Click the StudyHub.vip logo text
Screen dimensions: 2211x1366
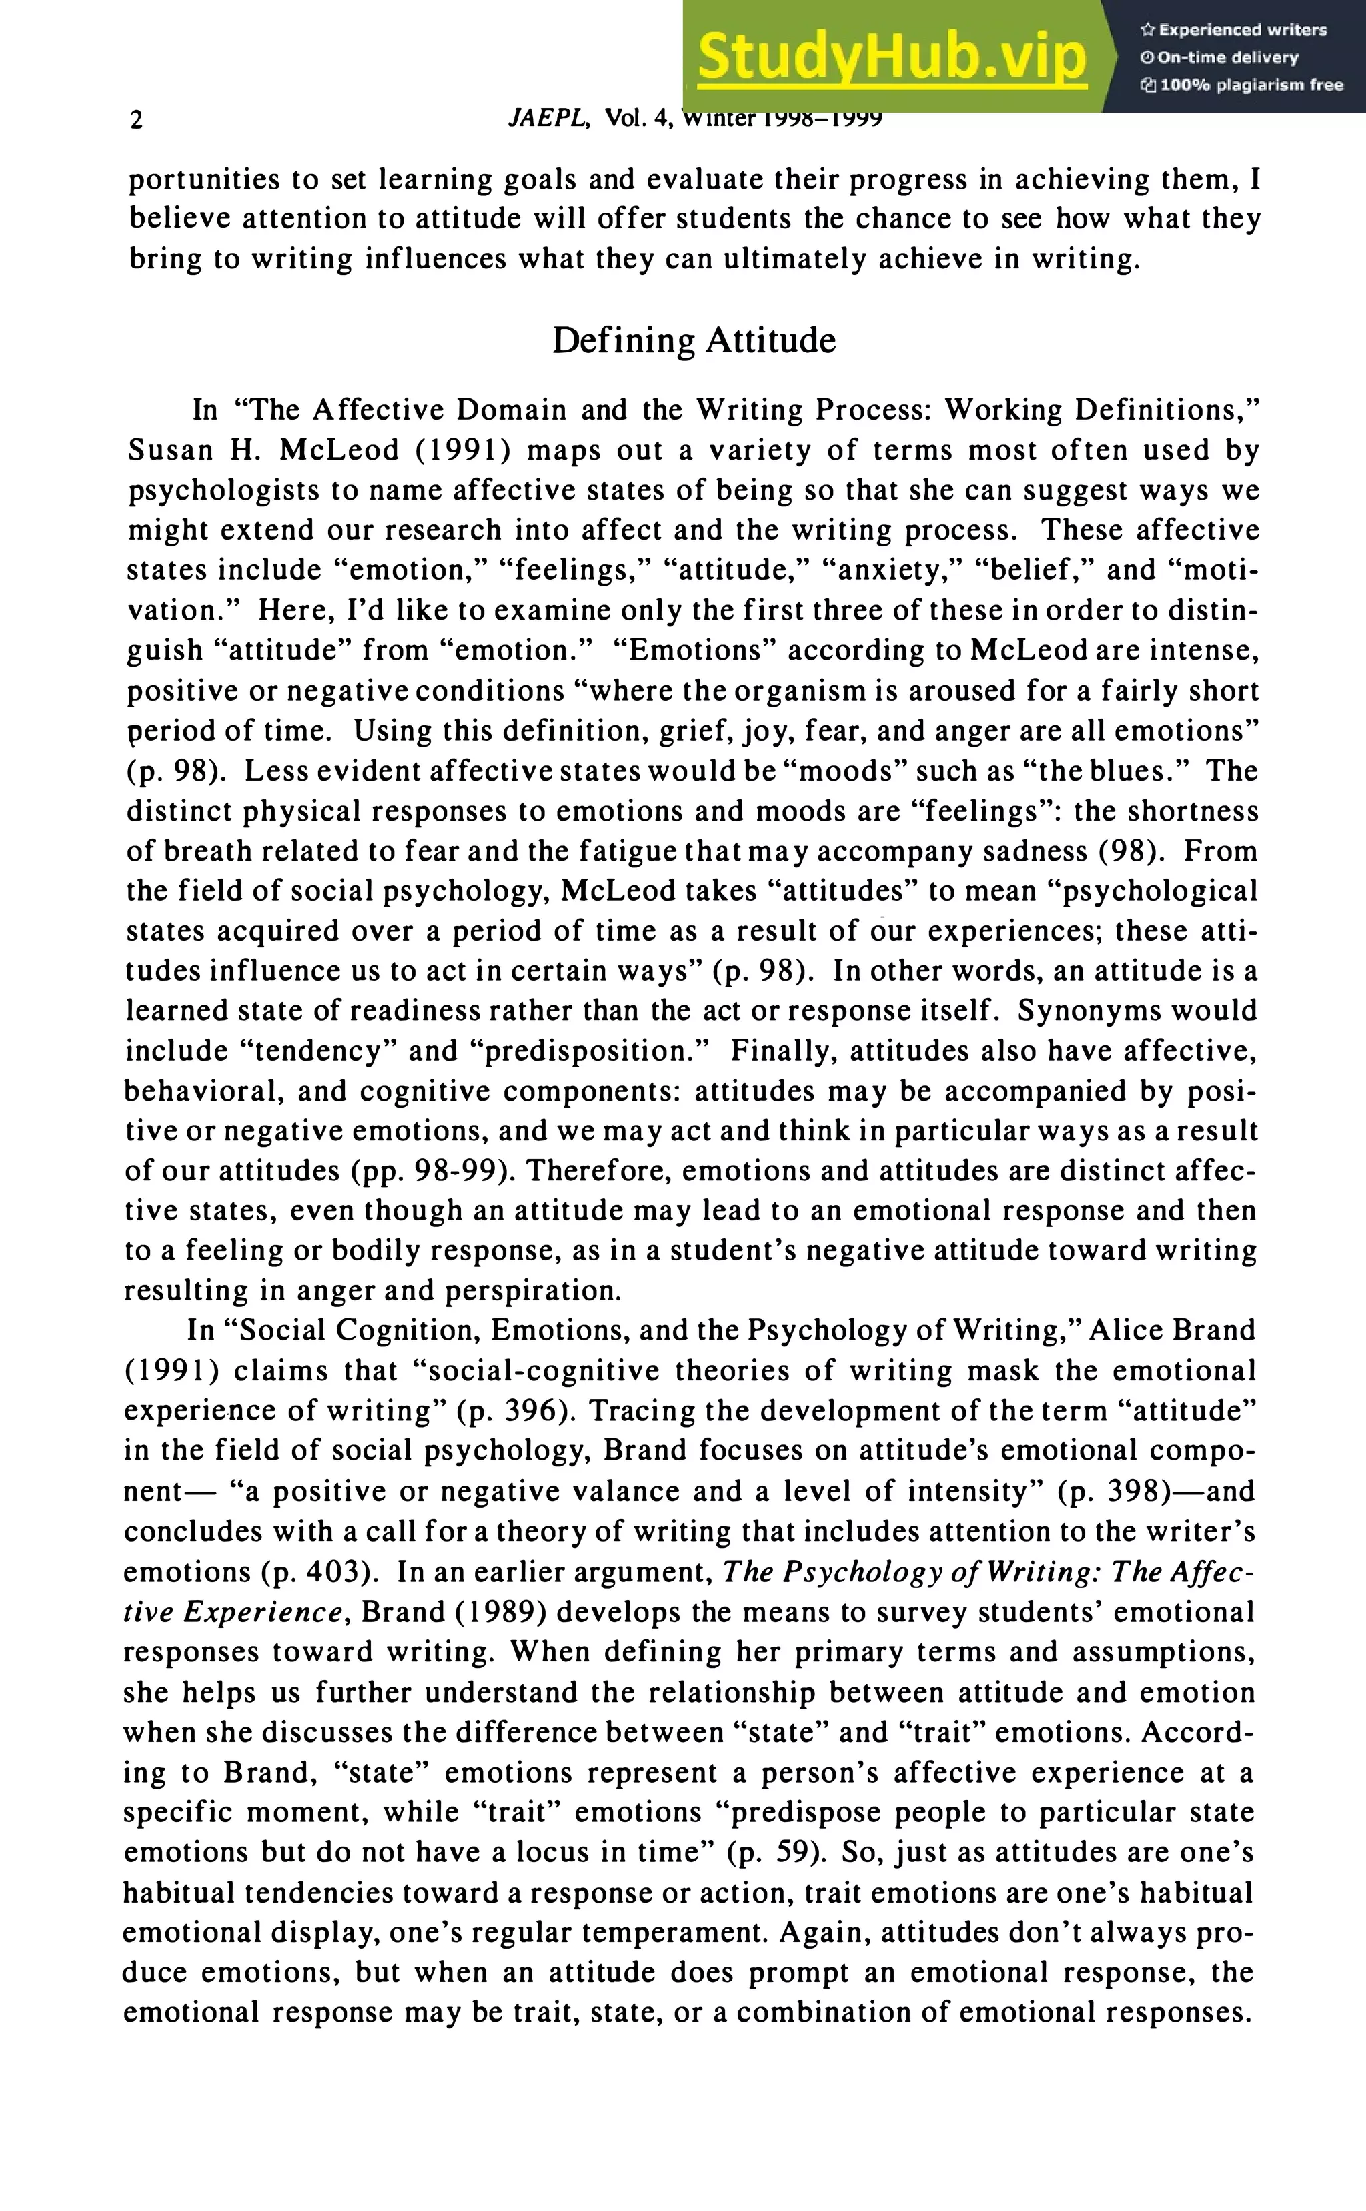(892, 57)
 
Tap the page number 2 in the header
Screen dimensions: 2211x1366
(137, 120)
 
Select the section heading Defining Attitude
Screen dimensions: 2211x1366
(694, 341)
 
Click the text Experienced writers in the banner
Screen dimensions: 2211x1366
(1242, 30)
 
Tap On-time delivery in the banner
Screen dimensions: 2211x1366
(1227, 58)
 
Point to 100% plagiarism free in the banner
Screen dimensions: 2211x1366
(1251, 86)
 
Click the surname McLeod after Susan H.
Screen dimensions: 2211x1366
(339, 450)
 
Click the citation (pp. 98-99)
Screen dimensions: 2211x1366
(428, 1171)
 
